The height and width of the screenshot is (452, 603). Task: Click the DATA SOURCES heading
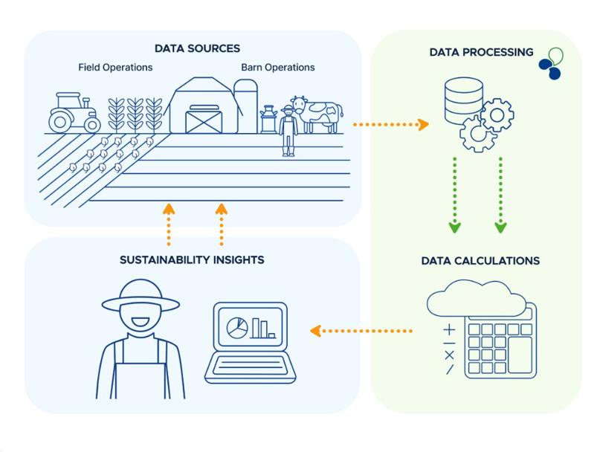coord(197,48)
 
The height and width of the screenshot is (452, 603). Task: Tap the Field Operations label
coord(115,68)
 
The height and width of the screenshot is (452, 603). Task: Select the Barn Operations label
coord(277,68)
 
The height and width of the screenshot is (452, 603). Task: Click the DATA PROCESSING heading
coord(482,52)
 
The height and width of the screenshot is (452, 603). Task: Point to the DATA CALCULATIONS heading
coord(480,261)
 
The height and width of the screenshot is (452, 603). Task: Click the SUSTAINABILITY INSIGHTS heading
coord(192,259)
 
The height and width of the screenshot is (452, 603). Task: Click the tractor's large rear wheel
coord(61,122)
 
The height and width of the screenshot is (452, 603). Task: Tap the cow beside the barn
coord(317,114)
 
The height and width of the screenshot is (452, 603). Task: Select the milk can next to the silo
coord(268,120)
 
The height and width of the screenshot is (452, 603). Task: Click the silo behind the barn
coord(246,106)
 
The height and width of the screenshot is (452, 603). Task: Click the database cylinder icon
coord(463,100)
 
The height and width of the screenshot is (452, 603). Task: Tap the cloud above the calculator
coord(476,298)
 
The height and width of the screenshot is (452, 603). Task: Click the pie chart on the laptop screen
coord(237,328)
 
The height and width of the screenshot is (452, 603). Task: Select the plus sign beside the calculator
coord(449,330)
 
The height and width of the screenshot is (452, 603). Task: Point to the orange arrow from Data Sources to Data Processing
coord(390,125)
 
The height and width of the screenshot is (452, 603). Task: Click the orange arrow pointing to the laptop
coord(361,331)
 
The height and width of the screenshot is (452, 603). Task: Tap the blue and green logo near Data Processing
coord(551,64)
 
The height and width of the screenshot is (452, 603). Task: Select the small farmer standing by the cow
coord(288,131)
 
